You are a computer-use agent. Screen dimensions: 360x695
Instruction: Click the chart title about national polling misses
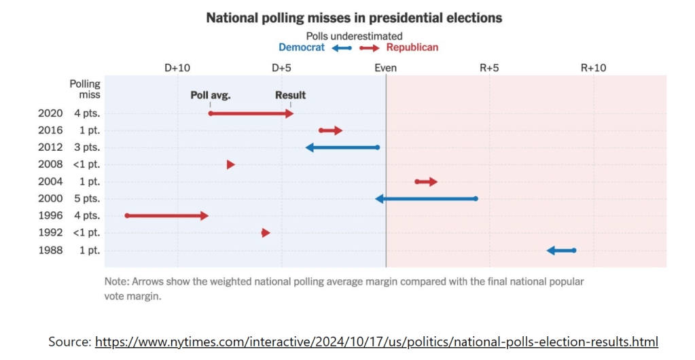353,18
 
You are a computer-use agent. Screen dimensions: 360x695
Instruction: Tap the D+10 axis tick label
177,69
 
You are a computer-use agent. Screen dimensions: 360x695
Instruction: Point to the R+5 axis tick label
489,69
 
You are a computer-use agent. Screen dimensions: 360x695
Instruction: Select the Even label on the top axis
386,69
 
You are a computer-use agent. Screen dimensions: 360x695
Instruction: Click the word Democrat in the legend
302,48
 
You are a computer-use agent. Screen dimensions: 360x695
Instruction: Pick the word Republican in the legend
412,48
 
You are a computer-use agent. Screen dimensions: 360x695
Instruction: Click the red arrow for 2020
251,113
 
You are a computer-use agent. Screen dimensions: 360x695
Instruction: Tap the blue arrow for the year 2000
425,199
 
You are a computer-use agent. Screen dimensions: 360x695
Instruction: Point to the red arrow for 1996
167,216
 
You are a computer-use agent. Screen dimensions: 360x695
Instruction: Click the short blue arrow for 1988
561,251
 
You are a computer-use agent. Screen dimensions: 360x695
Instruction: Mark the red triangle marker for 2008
231,165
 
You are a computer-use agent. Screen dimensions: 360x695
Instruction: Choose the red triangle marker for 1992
266,233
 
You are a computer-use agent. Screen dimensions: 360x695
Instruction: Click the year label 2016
50,130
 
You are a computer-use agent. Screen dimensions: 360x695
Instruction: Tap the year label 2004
50,182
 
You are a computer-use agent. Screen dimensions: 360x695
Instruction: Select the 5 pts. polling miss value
87,199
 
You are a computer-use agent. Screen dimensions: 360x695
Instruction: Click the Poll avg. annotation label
210,96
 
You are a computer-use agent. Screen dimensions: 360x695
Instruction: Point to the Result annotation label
290,96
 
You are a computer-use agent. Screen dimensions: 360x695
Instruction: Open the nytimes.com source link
376,342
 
